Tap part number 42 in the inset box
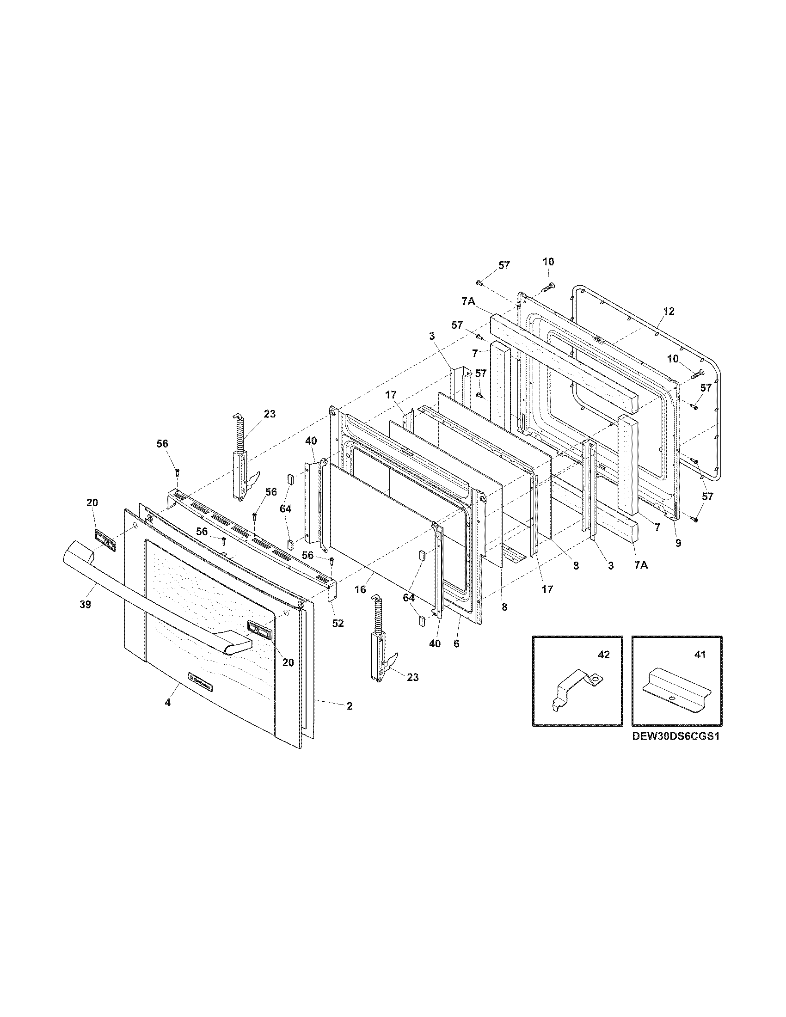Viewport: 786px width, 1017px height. tap(603, 654)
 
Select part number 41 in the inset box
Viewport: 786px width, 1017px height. tap(700, 654)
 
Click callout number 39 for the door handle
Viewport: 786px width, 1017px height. tap(85, 604)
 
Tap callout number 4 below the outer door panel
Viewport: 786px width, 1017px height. tap(168, 715)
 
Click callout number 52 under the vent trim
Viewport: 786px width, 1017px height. tap(338, 623)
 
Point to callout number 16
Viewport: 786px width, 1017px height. tap(360, 589)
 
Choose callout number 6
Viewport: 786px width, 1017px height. tap(456, 644)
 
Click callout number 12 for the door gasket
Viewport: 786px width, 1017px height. tap(669, 311)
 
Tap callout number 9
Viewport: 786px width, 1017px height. tap(678, 543)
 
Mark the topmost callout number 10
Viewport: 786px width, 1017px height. tap(548, 262)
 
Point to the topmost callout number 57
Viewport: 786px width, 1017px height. tap(504, 265)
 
